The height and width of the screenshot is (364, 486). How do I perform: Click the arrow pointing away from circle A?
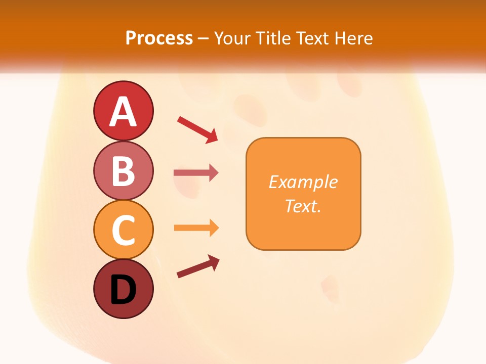[x=197, y=129]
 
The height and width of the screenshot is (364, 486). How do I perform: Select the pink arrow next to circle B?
[x=196, y=173]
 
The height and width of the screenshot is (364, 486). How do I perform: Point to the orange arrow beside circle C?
[x=196, y=228]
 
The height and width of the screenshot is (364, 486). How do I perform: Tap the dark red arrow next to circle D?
[x=198, y=267]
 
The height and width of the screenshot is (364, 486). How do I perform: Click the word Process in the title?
[x=159, y=38]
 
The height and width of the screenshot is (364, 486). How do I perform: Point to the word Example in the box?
[x=303, y=182]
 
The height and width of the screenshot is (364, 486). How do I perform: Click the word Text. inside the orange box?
[x=303, y=206]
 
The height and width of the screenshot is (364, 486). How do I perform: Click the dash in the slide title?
[x=203, y=38]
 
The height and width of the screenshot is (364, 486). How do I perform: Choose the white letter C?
[x=123, y=230]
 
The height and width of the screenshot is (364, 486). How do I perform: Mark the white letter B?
[x=123, y=171]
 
